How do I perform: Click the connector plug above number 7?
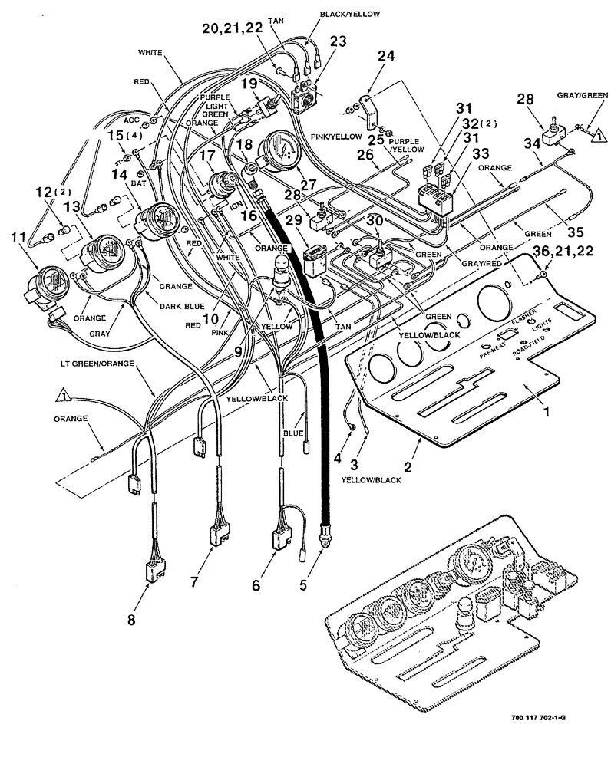[219, 535]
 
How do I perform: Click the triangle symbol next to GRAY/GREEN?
[595, 137]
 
